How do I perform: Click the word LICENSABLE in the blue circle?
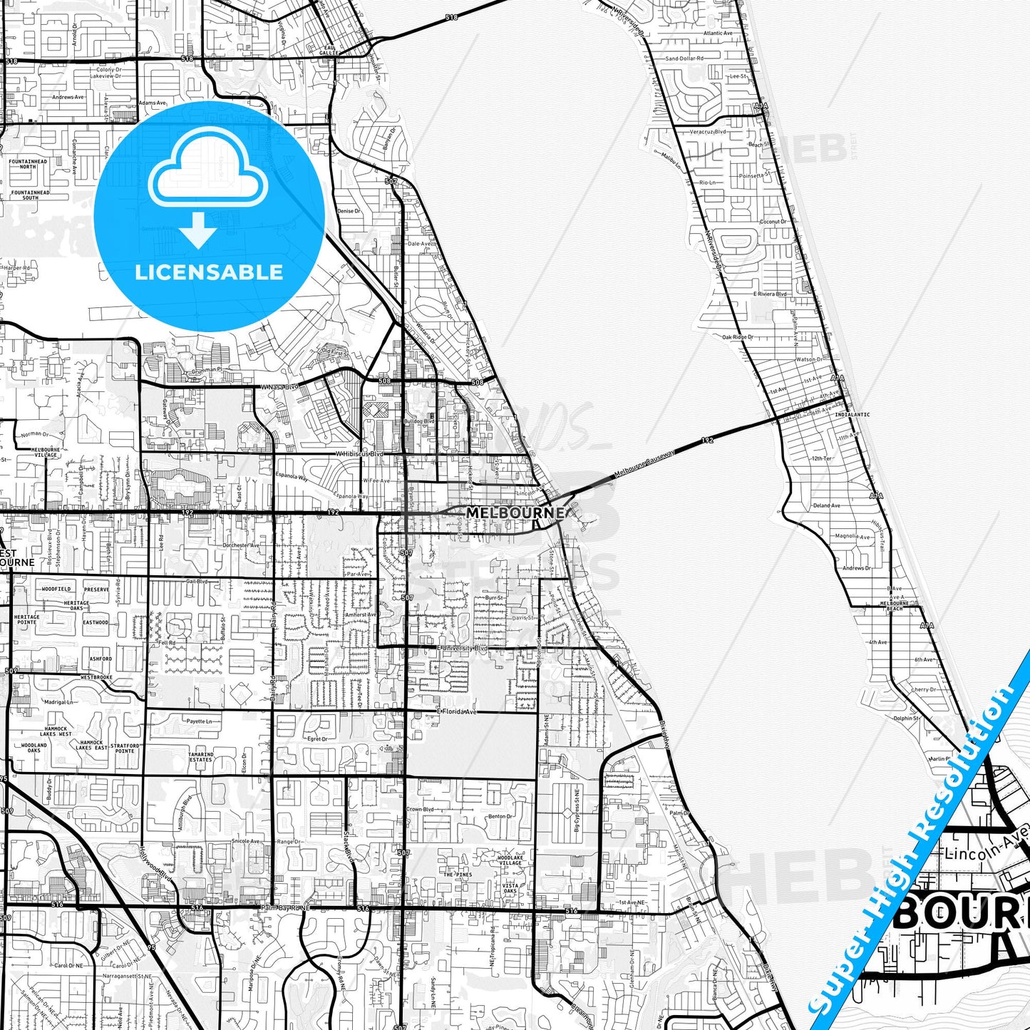click(x=209, y=272)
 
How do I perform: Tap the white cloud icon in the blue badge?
click(x=207, y=171)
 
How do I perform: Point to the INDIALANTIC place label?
click(x=852, y=414)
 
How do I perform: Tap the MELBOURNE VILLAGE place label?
click(x=46, y=452)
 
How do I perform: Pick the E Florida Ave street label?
click(x=457, y=711)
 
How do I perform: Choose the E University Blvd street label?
click(x=463, y=648)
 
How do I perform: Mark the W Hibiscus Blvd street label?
click(x=359, y=453)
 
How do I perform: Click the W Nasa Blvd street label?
click(x=279, y=387)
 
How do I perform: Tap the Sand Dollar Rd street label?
click(x=684, y=58)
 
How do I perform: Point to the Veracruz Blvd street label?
click(x=708, y=132)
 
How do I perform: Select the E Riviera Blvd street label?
click(x=770, y=294)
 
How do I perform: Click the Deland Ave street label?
click(x=826, y=505)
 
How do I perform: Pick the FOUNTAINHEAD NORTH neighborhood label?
click(x=29, y=164)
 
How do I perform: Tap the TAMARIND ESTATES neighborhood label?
click(x=201, y=757)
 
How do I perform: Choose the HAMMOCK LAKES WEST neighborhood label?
click(x=56, y=731)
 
